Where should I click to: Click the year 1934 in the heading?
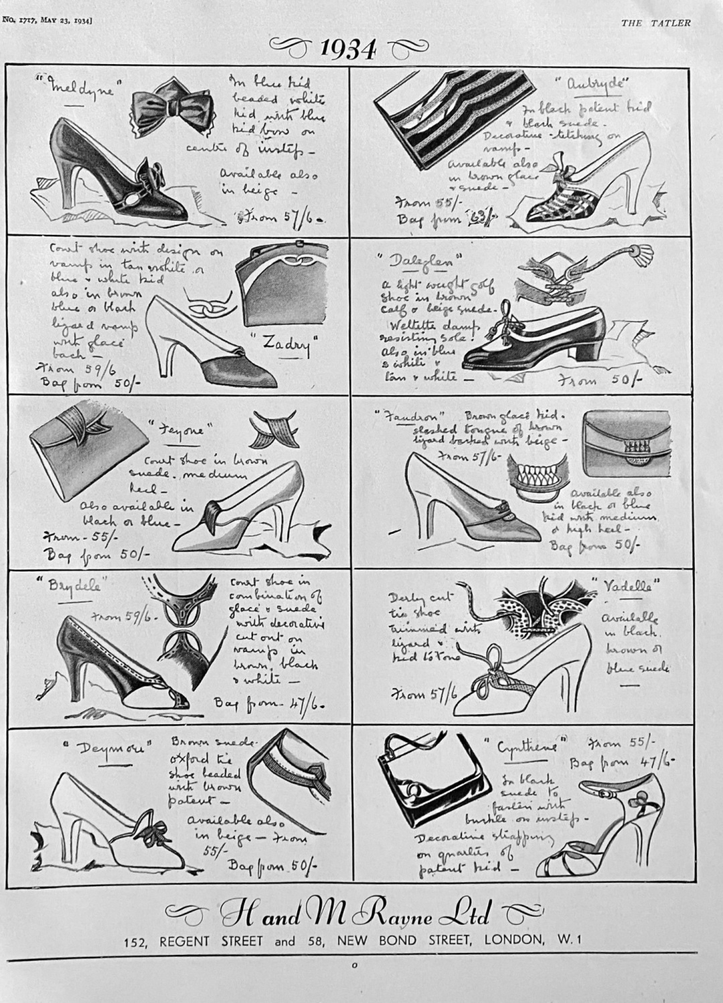347,49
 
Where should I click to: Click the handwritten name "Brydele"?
76,586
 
